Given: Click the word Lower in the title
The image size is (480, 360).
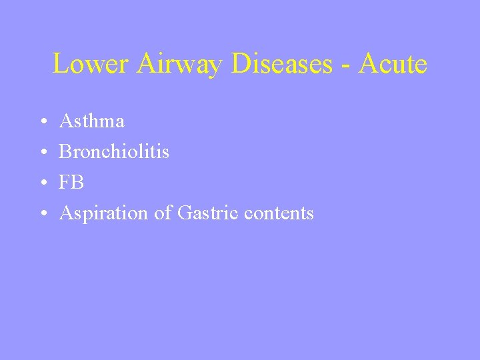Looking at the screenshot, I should point(92,64).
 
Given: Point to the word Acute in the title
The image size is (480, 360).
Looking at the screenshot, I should point(393,64).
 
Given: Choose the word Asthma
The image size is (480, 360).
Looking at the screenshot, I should point(91,121).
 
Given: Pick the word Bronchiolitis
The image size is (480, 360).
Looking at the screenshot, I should point(114,151).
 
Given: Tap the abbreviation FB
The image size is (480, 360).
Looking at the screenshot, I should point(71,182).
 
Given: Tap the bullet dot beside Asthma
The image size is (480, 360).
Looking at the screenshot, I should point(42,122).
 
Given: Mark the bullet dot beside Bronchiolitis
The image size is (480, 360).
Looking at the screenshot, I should point(42,153).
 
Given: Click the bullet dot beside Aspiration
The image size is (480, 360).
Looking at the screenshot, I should point(42,214).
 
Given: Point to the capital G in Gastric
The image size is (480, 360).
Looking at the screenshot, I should point(184,213).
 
